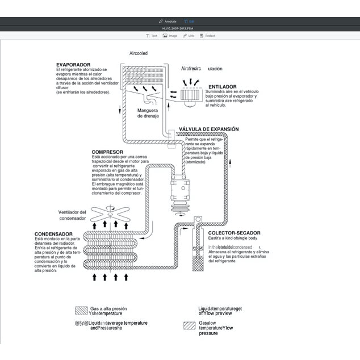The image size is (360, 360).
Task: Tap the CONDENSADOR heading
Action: click(x=53, y=234)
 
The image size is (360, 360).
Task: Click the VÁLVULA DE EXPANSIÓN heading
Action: click(x=208, y=129)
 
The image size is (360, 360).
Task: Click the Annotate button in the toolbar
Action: click(x=168, y=21)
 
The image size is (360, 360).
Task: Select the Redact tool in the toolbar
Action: click(x=207, y=36)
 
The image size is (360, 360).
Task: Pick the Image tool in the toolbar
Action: click(x=170, y=36)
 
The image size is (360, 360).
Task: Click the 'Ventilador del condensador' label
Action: click(x=72, y=215)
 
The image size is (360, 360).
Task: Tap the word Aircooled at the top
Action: click(x=139, y=53)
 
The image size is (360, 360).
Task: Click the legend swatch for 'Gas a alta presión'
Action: click(x=81, y=310)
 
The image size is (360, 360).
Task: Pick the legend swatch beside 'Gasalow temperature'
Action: click(x=189, y=326)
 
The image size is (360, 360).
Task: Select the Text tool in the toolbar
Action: click(x=152, y=36)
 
